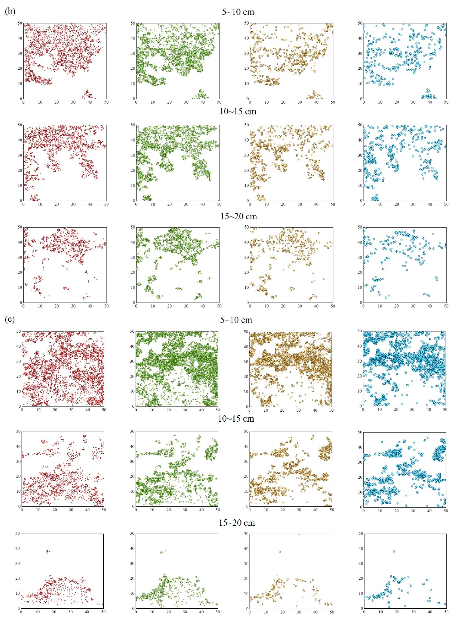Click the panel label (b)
click(x=10, y=12)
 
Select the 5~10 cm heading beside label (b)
click(x=238, y=12)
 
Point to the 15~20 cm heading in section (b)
click(x=239, y=216)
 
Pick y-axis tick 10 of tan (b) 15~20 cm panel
click(x=247, y=287)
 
